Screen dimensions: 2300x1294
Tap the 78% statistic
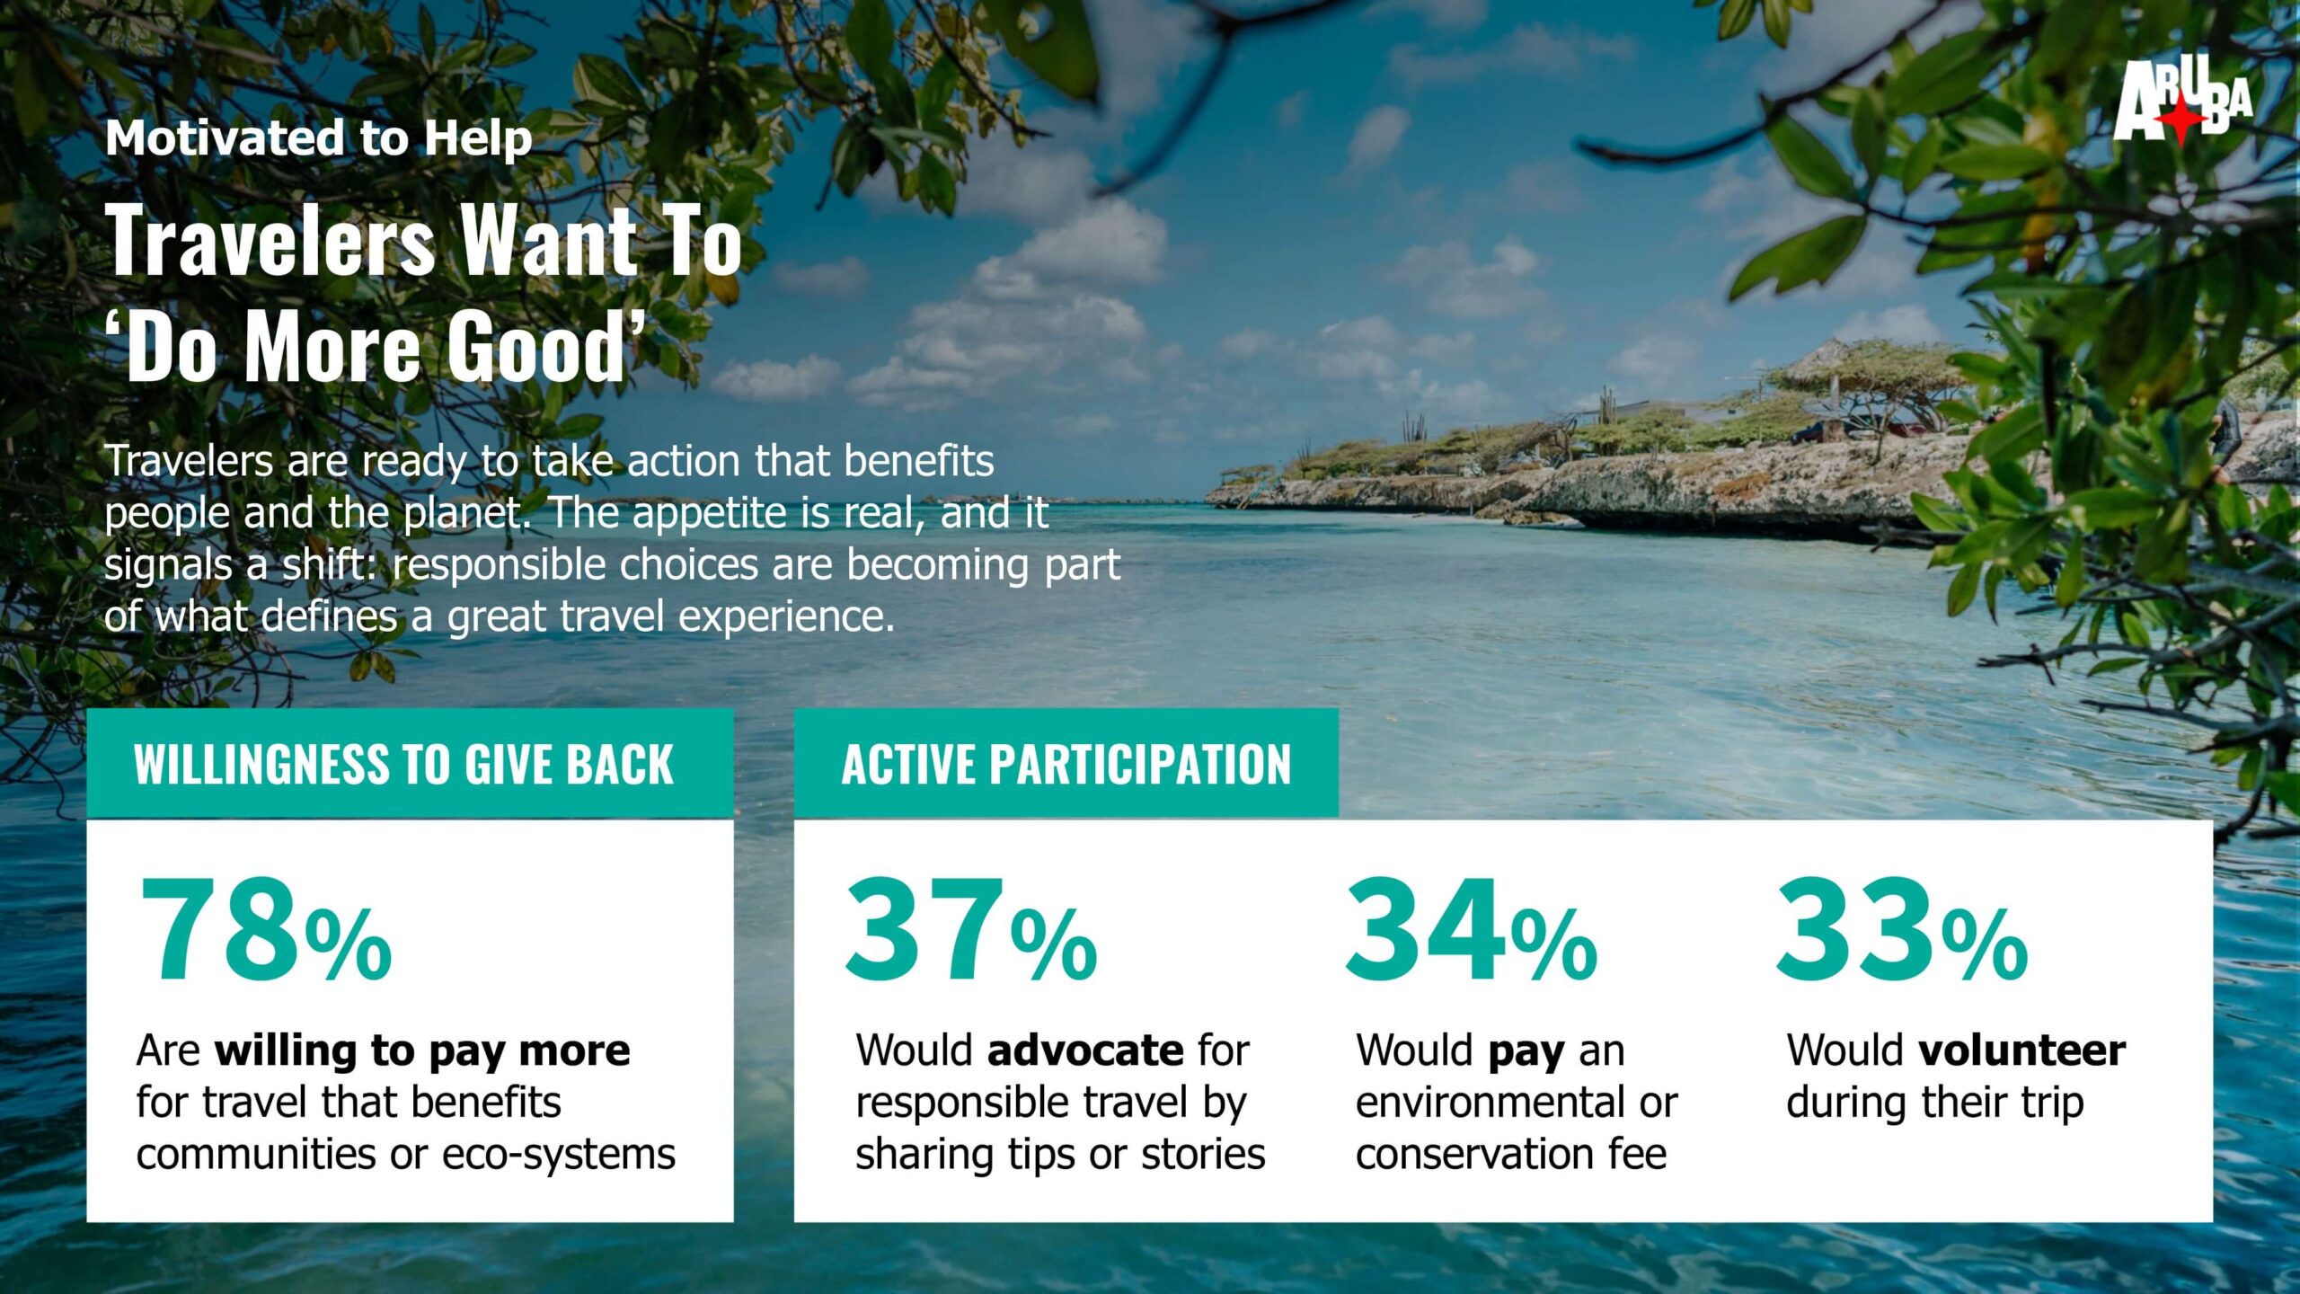(x=265, y=930)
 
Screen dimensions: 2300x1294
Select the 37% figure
(x=970, y=930)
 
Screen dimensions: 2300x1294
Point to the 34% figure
(x=1471, y=930)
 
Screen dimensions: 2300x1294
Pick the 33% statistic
(x=1901, y=930)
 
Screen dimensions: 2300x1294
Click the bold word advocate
(x=1085, y=1050)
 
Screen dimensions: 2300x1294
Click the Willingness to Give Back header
(x=403, y=765)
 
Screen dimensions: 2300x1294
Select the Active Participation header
(x=1066, y=765)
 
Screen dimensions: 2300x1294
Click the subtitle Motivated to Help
(x=319, y=139)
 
